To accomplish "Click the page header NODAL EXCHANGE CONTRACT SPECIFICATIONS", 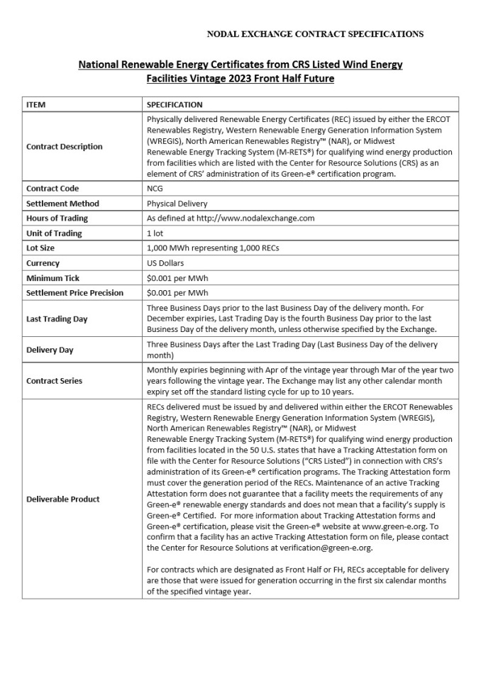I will [x=315, y=33].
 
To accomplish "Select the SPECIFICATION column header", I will [x=175, y=104].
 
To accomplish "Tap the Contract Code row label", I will [x=52, y=189].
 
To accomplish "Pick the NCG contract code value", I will [x=155, y=189].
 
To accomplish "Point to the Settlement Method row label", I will [x=62, y=204].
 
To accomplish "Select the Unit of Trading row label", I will [x=54, y=233].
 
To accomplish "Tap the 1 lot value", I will [x=155, y=233].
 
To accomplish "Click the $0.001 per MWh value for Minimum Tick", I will [x=177, y=278].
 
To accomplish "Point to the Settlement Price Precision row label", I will [x=74, y=293].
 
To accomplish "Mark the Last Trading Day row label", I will [x=57, y=319].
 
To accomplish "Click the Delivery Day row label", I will [x=50, y=350].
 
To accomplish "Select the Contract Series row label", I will [x=54, y=381].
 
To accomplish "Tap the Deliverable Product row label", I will [x=62, y=499].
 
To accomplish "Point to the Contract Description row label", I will [x=64, y=147].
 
